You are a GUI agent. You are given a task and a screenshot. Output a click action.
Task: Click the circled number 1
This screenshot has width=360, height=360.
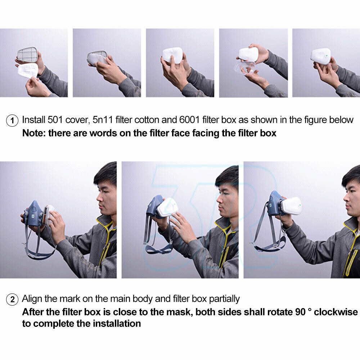point(12,121)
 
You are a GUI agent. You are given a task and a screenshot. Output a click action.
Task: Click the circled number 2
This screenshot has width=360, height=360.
point(12,300)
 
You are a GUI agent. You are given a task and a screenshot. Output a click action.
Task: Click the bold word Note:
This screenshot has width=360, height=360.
point(34,133)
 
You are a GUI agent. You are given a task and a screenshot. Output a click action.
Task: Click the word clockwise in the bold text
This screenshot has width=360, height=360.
point(336,312)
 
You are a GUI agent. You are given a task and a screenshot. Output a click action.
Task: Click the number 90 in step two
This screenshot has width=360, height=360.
point(300,312)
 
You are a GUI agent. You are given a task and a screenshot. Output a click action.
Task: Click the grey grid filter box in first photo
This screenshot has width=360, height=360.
point(28,55)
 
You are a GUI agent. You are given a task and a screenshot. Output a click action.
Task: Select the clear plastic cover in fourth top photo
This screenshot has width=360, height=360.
point(245,68)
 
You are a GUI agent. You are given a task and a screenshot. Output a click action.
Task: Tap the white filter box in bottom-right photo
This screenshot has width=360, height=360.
point(292,206)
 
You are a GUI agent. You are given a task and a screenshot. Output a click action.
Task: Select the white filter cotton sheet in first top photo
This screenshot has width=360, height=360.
point(28,71)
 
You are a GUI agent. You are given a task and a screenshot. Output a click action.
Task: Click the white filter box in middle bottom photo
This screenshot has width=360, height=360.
point(168,208)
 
